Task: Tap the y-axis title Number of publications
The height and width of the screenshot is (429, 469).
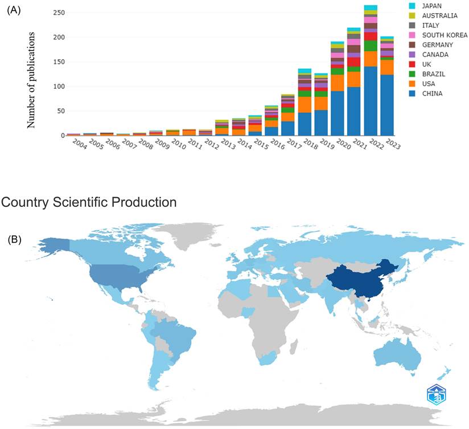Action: (32, 80)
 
